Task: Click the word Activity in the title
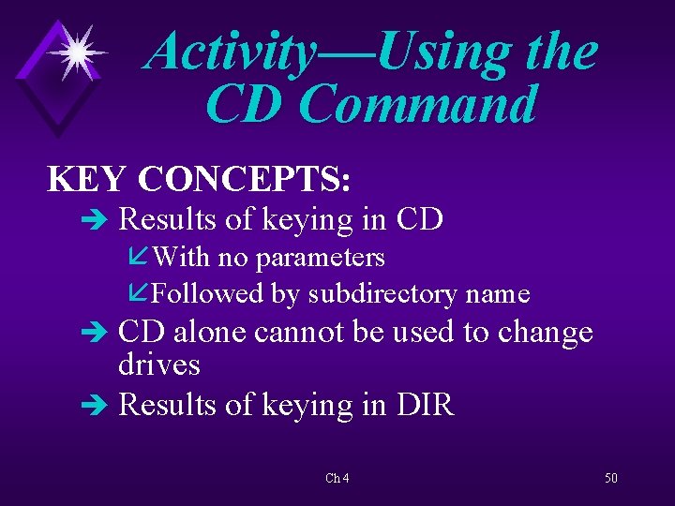(x=230, y=53)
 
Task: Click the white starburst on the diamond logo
(x=78, y=52)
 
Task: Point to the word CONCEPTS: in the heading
(x=244, y=178)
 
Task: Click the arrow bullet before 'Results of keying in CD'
(x=95, y=220)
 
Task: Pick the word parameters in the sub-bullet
(x=320, y=259)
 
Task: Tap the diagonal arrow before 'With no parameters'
(x=138, y=256)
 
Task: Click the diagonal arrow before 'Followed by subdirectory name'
(x=138, y=292)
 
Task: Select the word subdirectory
(x=382, y=295)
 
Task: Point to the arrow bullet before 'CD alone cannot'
(x=95, y=333)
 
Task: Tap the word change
(x=545, y=334)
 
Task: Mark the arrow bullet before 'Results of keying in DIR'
(x=95, y=405)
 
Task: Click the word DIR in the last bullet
(x=425, y=404)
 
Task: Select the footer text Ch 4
(x=337, y=478)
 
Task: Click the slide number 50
(x=611, y=478)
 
